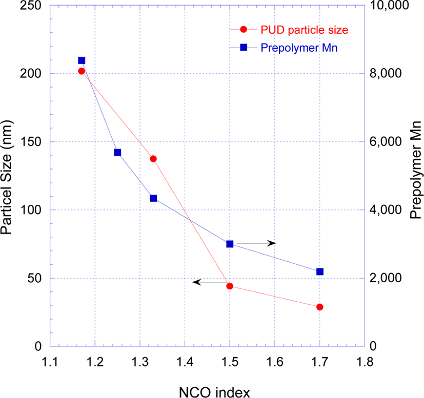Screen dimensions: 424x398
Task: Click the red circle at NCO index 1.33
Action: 153,159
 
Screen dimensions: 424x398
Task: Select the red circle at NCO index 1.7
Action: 320,307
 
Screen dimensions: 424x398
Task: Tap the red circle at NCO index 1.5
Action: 230,286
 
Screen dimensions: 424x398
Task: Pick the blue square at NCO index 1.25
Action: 117,153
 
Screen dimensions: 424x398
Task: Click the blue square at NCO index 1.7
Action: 320,271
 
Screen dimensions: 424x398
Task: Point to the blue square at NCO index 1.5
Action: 230,244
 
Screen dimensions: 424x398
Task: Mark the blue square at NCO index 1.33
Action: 153,198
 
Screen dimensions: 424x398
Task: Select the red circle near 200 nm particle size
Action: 82,71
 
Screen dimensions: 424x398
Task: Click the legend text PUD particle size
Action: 304,30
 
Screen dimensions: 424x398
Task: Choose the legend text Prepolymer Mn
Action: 299,48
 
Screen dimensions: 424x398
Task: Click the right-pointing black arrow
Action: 256,243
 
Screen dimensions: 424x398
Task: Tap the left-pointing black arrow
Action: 210,282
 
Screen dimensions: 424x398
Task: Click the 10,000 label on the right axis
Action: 389,6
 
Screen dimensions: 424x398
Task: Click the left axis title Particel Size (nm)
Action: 7,178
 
